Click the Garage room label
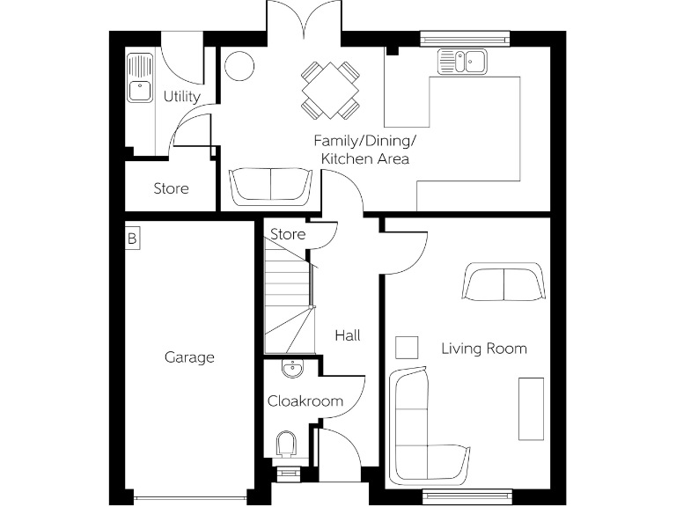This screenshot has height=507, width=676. click(189, 357)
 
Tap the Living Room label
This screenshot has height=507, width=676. click(483, 349)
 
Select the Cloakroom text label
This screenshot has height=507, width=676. click(305, 401)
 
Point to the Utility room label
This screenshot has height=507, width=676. click(181, 97)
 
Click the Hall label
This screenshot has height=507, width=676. click(347, 335)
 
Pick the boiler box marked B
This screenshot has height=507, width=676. click(132, 238)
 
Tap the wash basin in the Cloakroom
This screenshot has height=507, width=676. click(291, 367)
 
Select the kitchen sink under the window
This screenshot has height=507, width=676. click(463, 62)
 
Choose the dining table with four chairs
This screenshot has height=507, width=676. click(330, 89)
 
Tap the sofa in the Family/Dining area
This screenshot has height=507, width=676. click(270, 186)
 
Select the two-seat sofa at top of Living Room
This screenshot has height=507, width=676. click(503, 282)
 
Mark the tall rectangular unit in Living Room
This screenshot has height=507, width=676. click(531, 408)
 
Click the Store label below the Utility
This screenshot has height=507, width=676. click(171, 188)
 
